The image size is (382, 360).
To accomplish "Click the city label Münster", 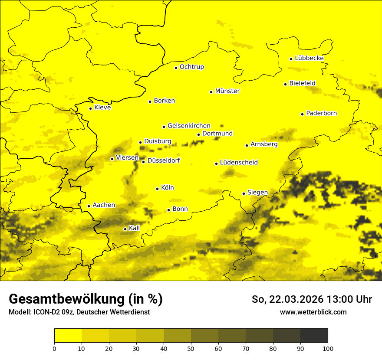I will [x=227, y=91].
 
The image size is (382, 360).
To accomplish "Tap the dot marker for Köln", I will [x=157, y=189].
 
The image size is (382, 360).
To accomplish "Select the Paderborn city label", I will [x=321, y=113].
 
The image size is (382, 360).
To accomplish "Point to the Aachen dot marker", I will [x=89, y=206].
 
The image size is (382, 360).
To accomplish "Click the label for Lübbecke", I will [x=309, y=58].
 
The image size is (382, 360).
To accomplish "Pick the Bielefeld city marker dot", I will [x=285, y=84].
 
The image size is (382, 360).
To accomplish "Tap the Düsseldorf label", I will [x=163, y=160].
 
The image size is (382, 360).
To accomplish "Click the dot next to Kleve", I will [x=90, y=108].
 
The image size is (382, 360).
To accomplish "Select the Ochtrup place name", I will [x=191, y=67].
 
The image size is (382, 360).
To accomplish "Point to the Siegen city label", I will [x=257, y=193].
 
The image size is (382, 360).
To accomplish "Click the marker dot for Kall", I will [x=125, y=229].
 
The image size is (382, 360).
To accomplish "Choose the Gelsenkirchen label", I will [x=189, y=126].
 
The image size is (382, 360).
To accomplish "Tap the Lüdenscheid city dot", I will [x=216, y=164].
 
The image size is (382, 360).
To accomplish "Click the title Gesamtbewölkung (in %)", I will [x=86, y=299].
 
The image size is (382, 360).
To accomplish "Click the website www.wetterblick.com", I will [x=313, y=312].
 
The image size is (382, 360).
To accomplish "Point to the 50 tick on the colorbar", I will [x=191, y=348].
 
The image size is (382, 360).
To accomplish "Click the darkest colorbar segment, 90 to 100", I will [x=314, y=336].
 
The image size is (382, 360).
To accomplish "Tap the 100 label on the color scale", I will [x=328, y=348].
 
